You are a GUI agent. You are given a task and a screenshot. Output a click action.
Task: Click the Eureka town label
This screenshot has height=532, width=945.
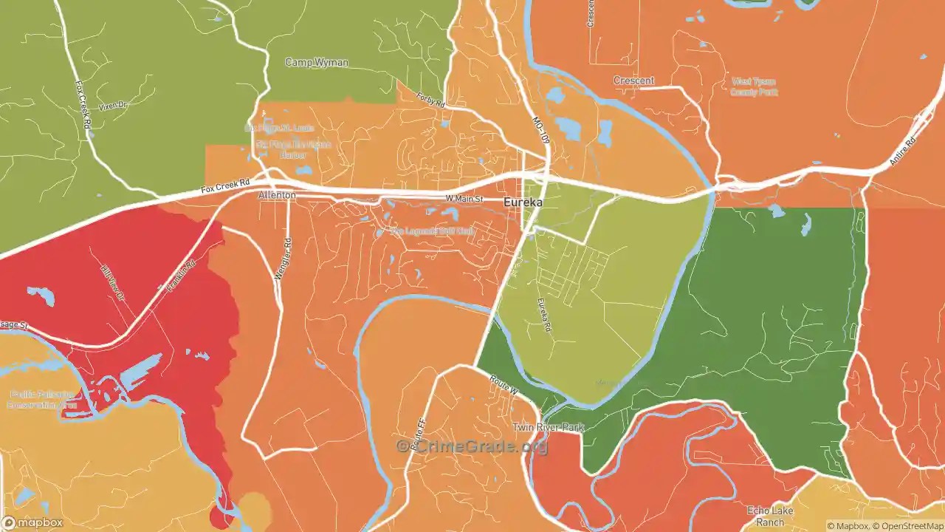[523, 202]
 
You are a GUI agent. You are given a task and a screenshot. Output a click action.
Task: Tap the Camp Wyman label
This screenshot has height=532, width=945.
[317, 63]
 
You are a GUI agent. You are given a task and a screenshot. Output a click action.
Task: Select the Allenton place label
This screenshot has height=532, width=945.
[277, 195]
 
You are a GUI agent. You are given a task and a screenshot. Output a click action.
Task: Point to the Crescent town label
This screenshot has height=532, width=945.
[633, 81]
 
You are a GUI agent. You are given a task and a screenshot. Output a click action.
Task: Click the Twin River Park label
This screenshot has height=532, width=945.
[549, 428]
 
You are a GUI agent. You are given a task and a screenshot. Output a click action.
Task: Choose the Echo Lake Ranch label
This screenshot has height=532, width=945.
[770, 516]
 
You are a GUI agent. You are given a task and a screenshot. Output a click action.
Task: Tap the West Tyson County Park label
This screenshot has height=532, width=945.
[754, 86]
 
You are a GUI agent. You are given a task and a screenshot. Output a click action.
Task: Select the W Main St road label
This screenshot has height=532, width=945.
[464, 199]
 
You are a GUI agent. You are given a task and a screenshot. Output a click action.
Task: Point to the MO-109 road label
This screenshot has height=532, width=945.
[540, 129]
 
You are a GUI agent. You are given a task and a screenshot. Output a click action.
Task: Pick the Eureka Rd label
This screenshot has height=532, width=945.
[544, 313]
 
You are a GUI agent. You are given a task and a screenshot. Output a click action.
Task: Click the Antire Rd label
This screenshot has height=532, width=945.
[902, 151]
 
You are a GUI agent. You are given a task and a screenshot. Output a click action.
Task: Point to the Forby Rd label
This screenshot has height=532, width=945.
[430, 100]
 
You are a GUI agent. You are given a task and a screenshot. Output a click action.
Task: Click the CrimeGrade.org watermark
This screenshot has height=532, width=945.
[472, 446]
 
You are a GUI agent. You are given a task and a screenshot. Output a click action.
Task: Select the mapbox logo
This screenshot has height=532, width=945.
[31, 522]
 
